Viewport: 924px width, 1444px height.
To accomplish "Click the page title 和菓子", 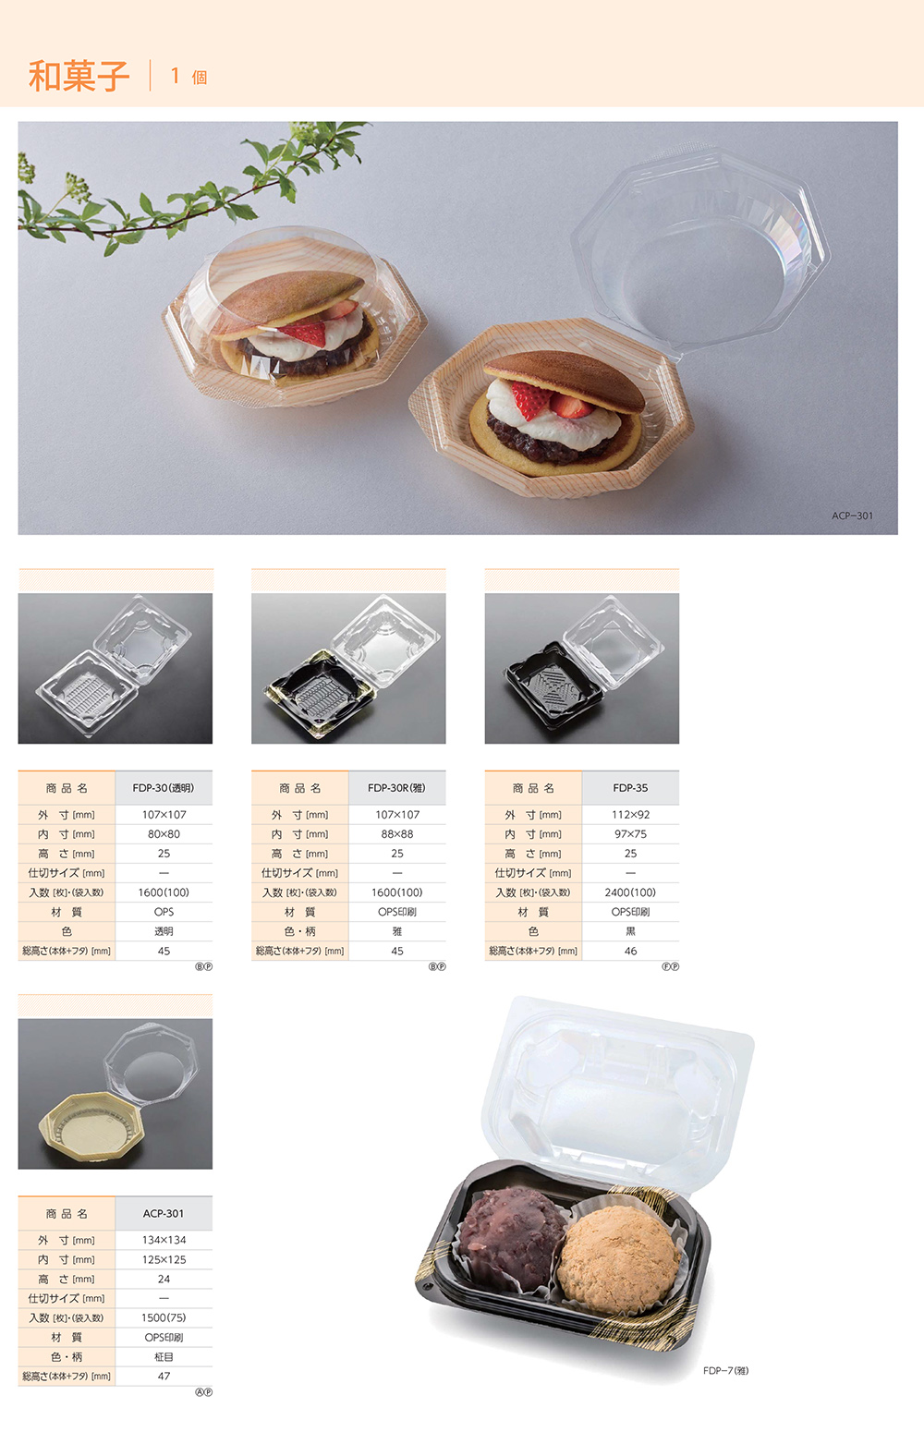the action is tap(79, 76).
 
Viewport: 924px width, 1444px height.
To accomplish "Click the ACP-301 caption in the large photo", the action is tap(852, 516).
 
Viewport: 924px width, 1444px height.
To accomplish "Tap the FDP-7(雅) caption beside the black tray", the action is tap(726, 1370).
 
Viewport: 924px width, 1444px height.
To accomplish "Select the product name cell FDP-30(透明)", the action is tap(164, 788).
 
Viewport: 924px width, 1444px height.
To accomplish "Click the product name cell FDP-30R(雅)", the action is tap(396, 788).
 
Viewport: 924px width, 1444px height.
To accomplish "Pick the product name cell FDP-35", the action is tap(630, 788).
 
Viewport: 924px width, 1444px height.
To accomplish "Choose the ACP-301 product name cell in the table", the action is tap(164, 1213).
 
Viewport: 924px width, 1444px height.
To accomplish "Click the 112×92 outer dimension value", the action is tap(630, 815).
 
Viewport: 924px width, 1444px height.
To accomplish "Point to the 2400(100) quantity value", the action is tap(630, 892).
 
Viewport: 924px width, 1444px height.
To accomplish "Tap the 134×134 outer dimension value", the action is tap(164, 1240).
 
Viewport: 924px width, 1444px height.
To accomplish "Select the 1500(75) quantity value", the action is tap(164, 1317).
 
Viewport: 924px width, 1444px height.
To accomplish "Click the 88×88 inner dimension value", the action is tap(396, 834).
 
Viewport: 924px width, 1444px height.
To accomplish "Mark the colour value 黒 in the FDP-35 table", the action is tap(630, 931).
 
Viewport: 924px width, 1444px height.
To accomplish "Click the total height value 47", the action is tap(164, 1376).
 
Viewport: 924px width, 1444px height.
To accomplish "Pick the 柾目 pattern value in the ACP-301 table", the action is tap(164, 1356).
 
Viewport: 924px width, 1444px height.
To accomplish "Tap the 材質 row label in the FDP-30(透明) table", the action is tap(67, 912).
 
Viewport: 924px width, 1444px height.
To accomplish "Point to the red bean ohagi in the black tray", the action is tap(512, 1238).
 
